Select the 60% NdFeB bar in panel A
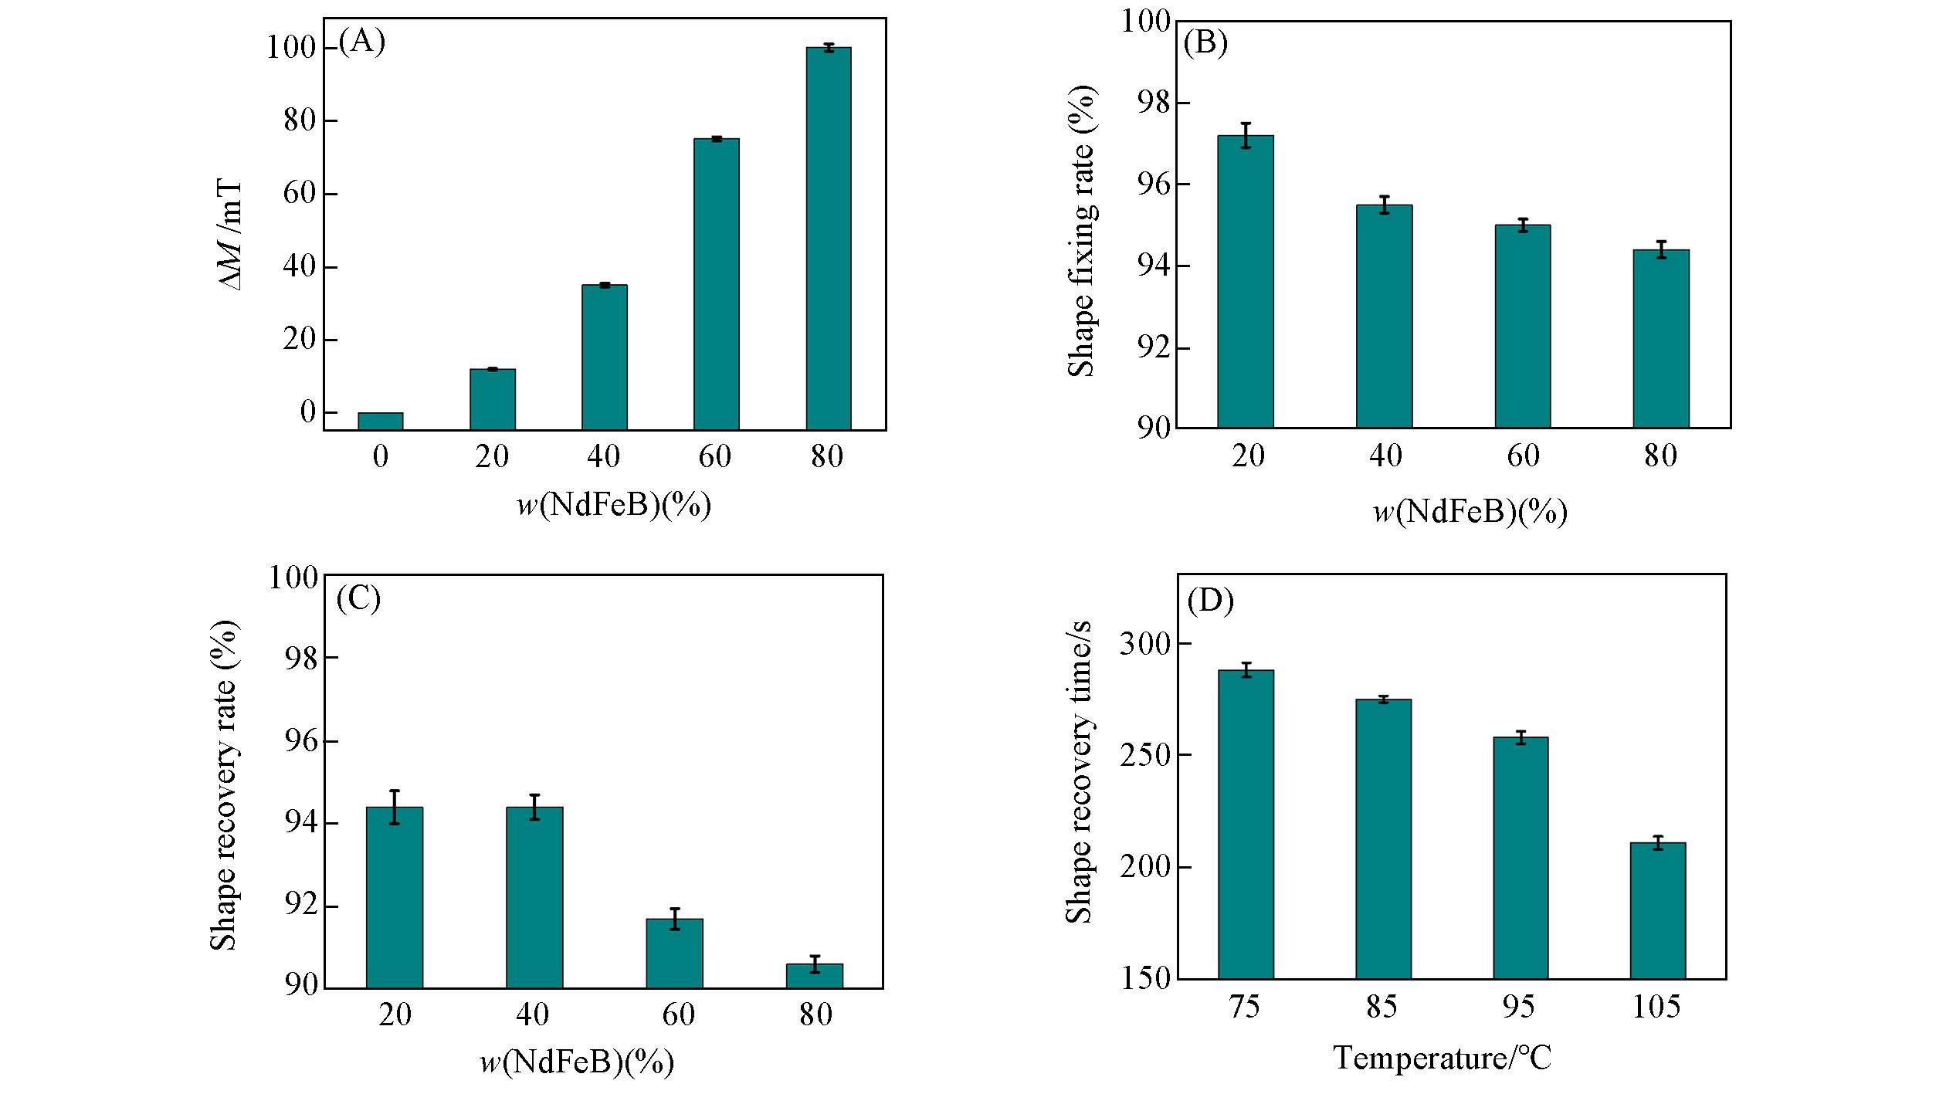[716, 283]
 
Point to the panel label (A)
[361, 41]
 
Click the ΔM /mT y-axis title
[232, 235]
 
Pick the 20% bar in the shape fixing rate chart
[1245, 281]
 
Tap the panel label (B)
[1205, 43]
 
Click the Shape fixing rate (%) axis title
[1081, 232]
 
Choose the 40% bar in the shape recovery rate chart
[534, 897]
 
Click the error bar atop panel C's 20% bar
[395, 807]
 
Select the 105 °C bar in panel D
[1657, 910]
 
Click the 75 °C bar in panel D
[1245, 824]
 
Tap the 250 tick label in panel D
[1144, 755]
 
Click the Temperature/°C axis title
[1442, 1057]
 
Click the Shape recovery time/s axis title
[1079, 772]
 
